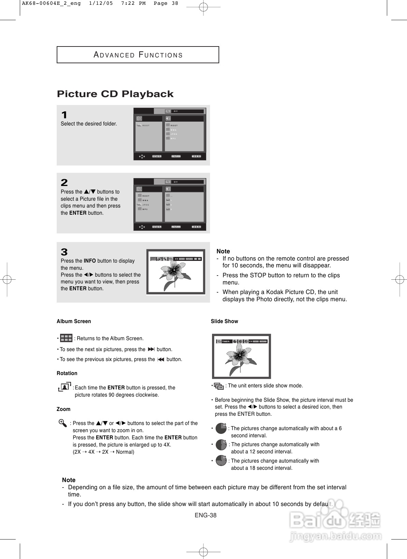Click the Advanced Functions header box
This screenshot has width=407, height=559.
point(138,55)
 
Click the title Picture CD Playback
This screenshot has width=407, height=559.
point(115,94)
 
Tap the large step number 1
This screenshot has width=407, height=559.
point(64,115)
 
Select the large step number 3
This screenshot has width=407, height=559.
point(64,252)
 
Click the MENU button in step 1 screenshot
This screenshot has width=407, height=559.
point(196,156)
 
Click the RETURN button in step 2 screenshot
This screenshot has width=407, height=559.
point(176,227)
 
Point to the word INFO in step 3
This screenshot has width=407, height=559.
point(89,261)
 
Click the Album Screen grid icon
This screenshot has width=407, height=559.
point(66,338)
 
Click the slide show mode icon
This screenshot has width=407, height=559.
point(219,386)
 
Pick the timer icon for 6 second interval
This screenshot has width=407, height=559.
point(221,428)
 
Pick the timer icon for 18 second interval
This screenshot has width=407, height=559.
point(221,461)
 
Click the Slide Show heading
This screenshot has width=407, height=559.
point(224,321)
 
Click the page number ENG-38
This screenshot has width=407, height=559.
point(206,515)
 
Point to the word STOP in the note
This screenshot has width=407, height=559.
point(258,275)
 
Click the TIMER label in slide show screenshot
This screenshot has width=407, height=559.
point(226,341)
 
